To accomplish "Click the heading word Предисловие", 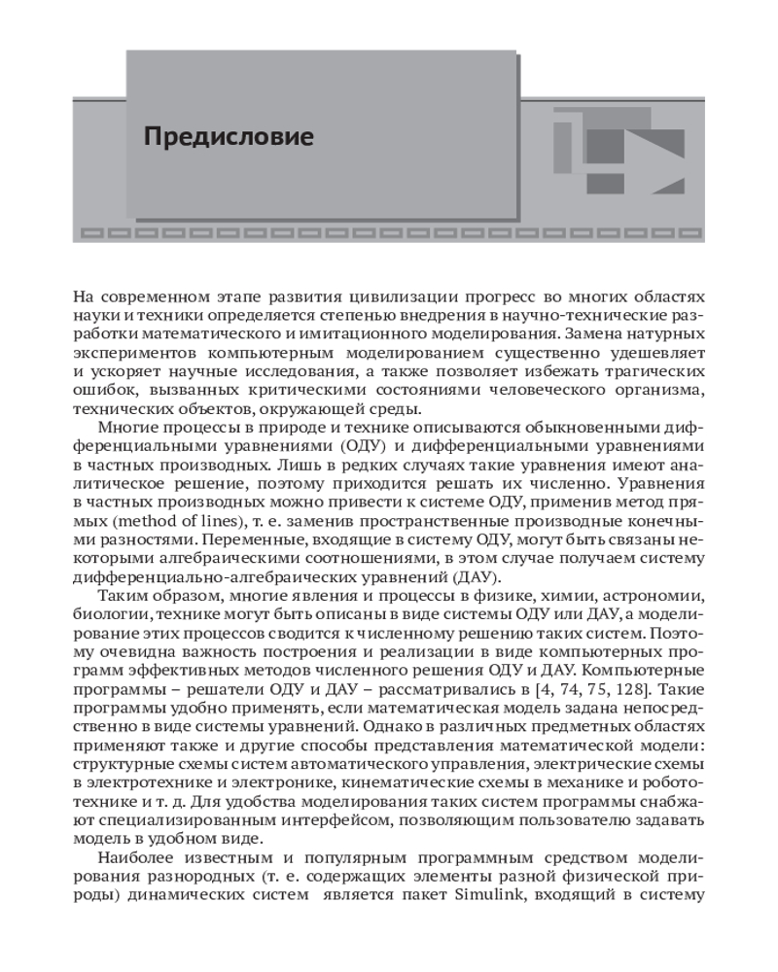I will click(229, 136).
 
